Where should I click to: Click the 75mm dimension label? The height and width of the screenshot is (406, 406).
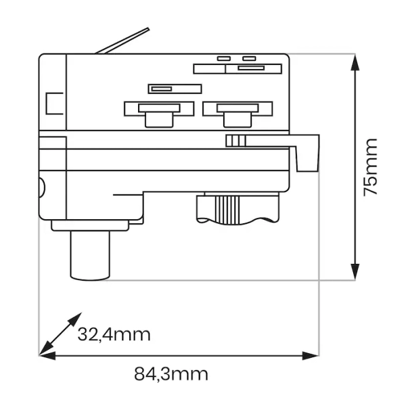pos(370,167)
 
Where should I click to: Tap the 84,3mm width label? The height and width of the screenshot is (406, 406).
pos(171,374)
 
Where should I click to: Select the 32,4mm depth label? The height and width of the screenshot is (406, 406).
pos(114,334)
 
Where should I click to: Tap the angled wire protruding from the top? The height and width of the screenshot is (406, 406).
pos(122,41)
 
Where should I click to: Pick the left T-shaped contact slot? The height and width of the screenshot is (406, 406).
pos(158,112)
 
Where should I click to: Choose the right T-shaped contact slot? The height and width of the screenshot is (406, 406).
pos(237,112)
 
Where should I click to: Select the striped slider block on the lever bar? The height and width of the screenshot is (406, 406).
pos(235,140)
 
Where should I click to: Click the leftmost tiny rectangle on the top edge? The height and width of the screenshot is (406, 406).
pos(223,59)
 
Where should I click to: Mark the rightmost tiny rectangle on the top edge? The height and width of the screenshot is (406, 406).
pos(250,59)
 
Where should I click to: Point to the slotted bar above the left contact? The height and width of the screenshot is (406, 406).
pos(175,89)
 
